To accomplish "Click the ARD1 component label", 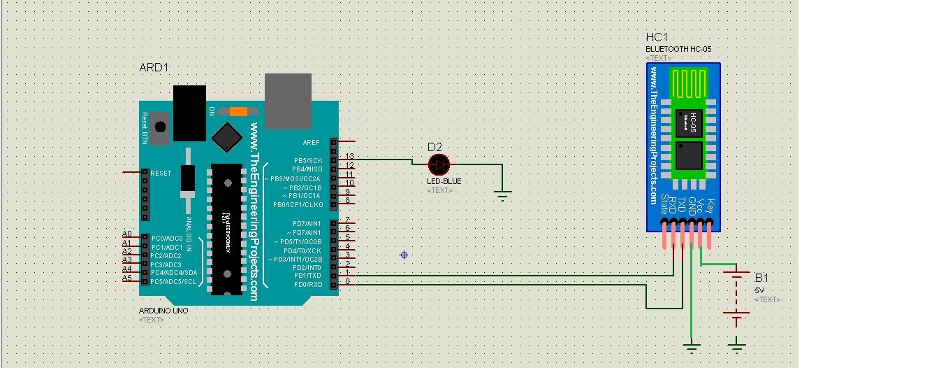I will pos(154,67).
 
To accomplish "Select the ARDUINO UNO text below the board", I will pos(163,310).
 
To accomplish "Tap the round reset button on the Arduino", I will pos(161,127).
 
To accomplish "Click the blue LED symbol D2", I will pos(439,164).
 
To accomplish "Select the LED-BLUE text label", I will pos(444,181).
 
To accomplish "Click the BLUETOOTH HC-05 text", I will pos(678,49).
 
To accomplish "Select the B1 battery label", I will pos(761,277).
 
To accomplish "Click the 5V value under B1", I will pos(759,289).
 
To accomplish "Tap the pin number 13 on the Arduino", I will pos(350,156).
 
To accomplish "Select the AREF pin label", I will pos(312,142).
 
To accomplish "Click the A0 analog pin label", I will pos(127,234).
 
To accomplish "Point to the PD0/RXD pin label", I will pos(307,284).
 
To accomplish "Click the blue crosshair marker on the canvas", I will pos(404,255).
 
